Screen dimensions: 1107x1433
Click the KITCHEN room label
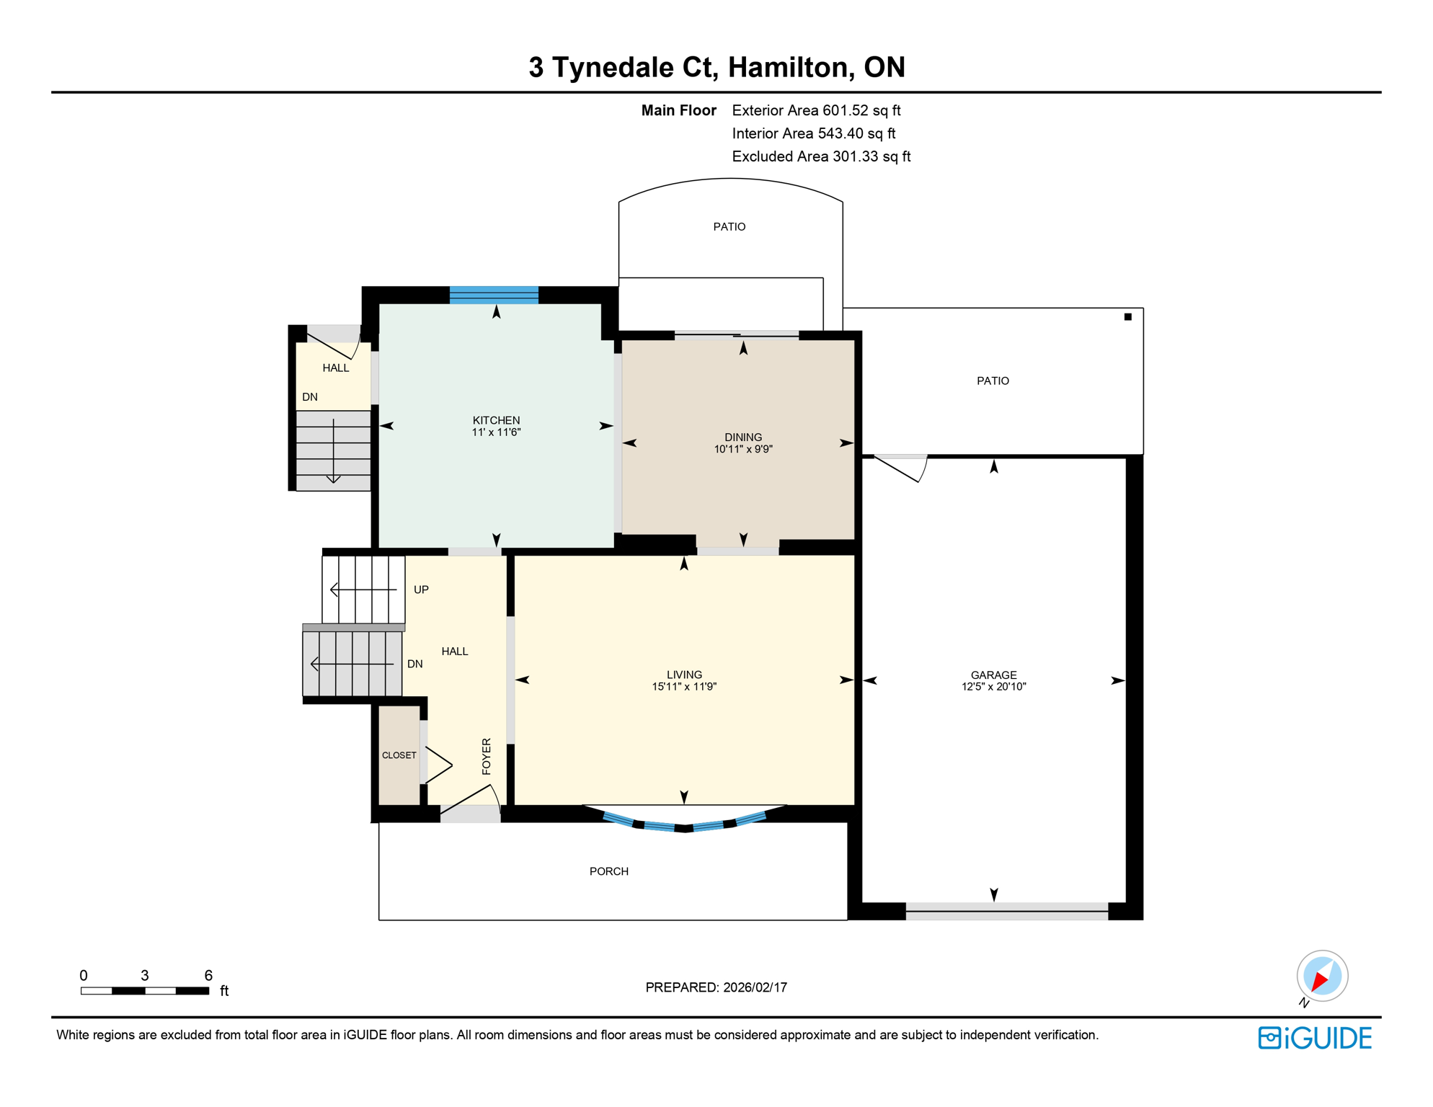[x=496, y=420]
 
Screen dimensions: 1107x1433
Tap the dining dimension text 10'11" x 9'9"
[x=743, y=449]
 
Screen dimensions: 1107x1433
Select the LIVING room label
[x=684, y=675]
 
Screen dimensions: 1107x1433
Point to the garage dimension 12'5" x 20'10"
[x=993, y=687]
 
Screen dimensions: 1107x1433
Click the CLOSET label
[x=399, y=755]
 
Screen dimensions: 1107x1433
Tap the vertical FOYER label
[x=487, y=756]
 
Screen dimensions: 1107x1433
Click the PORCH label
[x=609, y=871]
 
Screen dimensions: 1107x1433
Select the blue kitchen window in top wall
[x=494, y=295]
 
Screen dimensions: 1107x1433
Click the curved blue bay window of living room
[x=684, y=824]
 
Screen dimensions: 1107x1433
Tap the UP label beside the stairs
[x=421, y=590]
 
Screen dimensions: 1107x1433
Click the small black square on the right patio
[x=1128, y=316]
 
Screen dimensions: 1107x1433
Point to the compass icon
[x=1322, y=976]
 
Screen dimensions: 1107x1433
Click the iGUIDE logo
[x=1315, y=1038]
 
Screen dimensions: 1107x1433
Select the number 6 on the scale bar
[x=208, y=975]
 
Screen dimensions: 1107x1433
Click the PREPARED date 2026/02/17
[x=716, y=987]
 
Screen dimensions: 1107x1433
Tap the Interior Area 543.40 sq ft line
[x=813, y=133]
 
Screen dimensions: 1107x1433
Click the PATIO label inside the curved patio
[x=729, y=226]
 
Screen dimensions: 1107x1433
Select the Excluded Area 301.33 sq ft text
[x=821, y=156]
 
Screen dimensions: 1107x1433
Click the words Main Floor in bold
[x=678, y=110]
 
